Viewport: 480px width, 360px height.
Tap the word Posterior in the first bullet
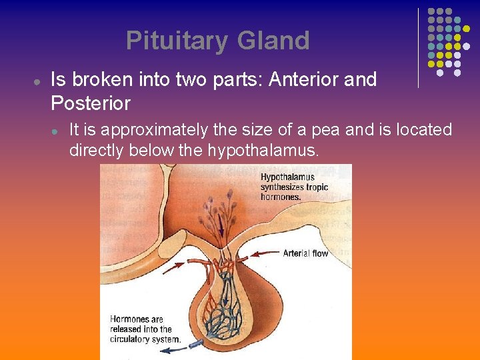point(90,104)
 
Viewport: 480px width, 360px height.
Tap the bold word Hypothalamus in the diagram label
point(287,177)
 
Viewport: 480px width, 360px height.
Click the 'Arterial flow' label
point(305,253)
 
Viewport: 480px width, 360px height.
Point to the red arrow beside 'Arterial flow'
point(265,254)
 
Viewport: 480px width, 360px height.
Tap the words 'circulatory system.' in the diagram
point(145,339)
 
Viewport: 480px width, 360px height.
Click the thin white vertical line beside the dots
point(418,48)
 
